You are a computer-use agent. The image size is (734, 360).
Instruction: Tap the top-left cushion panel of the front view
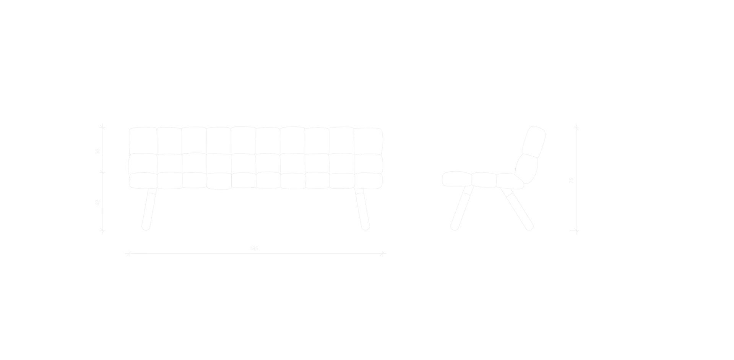click(143, 140)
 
